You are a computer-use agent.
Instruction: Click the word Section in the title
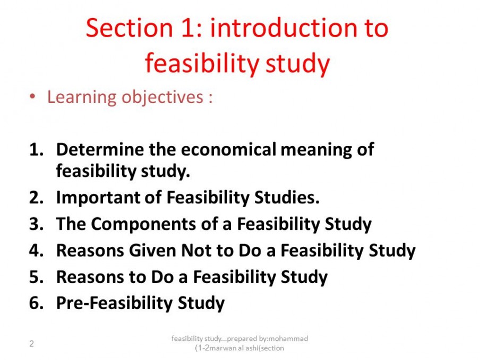coord(129,28)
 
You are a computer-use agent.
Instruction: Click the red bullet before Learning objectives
coord(32,97)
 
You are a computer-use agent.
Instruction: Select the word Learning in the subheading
coord(82,98)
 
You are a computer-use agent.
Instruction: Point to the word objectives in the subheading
coord(162,98)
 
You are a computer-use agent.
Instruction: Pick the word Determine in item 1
coord(100,149)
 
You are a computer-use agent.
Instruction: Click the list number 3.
coord(36,224)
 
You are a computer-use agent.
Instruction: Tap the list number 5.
coord(36,277)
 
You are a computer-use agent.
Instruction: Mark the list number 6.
coord(36,303)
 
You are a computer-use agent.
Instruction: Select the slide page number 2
coord(31,344)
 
